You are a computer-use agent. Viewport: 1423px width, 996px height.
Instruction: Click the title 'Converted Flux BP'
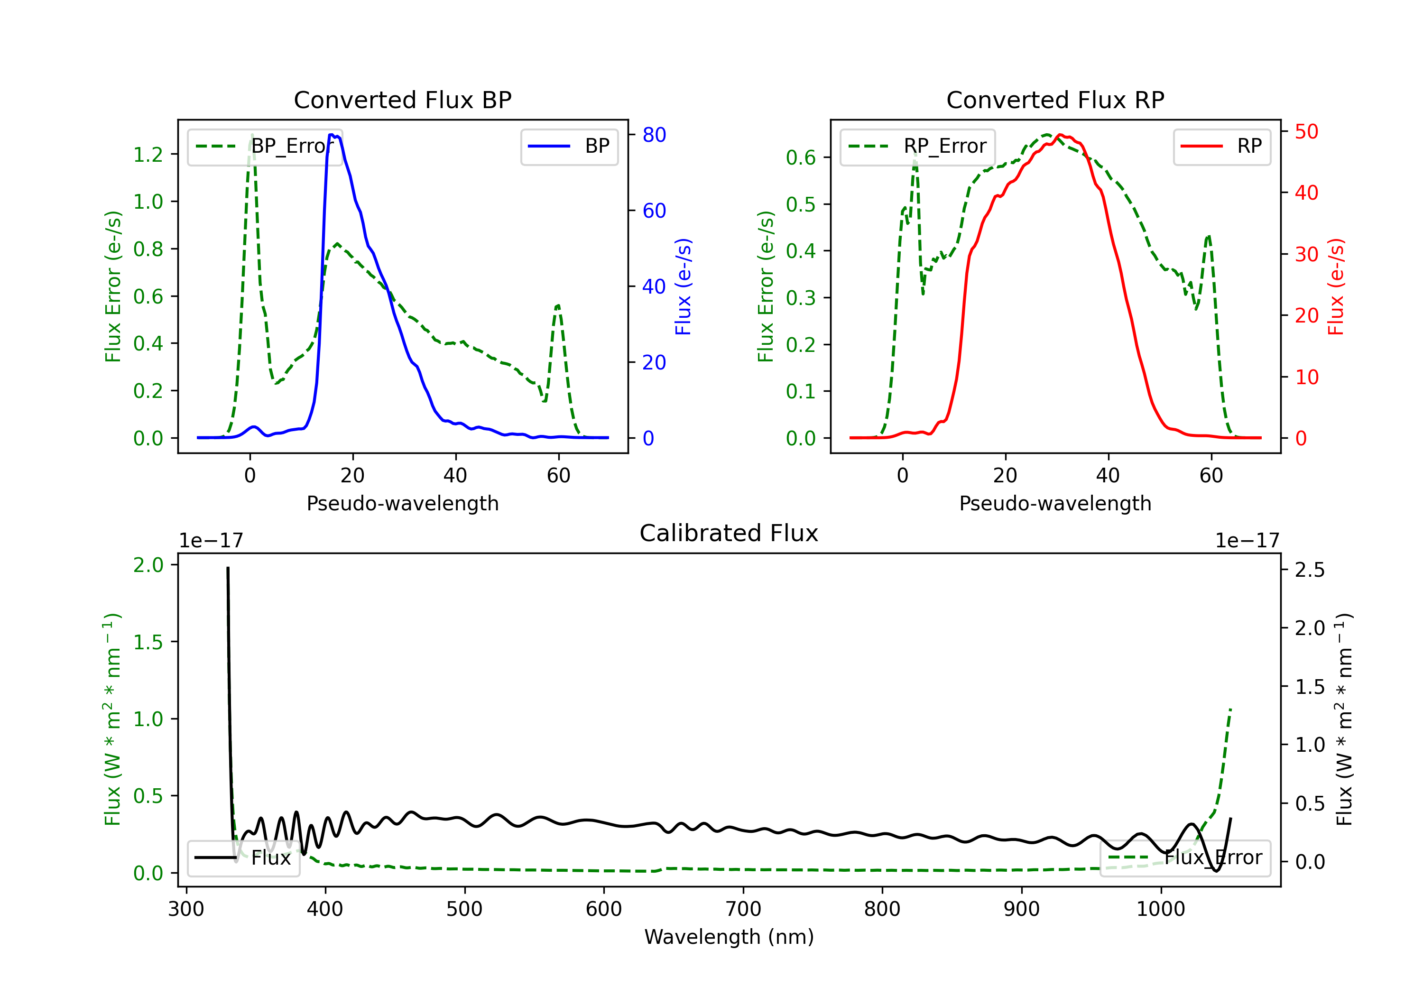point(402,100)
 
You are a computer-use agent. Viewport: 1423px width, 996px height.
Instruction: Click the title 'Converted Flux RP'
point(1055,100)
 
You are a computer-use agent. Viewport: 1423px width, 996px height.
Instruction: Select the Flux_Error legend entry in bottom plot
point(1185,858)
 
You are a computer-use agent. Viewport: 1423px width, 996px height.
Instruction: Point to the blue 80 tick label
point(654,135)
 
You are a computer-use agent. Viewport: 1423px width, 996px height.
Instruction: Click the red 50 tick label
point(1306,131)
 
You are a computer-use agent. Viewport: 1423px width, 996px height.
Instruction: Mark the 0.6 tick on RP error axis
point(801,157)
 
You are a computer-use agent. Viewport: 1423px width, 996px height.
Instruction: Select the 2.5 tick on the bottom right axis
point(1310,570)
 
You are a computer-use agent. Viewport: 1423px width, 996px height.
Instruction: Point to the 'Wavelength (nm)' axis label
point(729,937)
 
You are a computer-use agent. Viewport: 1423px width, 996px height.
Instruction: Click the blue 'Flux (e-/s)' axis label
point(683,286)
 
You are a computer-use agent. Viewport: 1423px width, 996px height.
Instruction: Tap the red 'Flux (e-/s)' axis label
point(1336,286)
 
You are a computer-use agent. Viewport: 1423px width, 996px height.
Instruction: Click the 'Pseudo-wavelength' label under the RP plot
point(1055,503)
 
